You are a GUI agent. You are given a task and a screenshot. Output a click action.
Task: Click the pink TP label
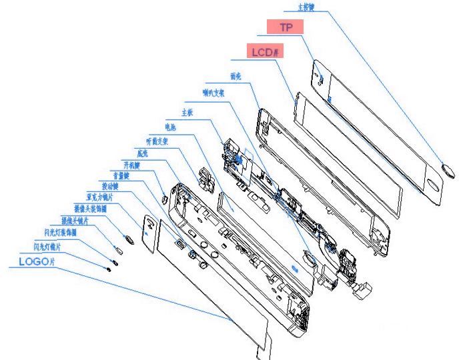tap(286, 27)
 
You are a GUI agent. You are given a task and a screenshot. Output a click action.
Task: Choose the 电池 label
tap(170, 126)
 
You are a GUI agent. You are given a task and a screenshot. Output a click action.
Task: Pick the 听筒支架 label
tap(157, 141)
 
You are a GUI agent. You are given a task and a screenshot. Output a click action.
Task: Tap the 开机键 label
tap(131, 164)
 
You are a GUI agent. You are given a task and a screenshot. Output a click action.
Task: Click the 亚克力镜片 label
tap(99, 197)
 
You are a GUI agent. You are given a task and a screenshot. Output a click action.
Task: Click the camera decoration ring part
tap(127, 238)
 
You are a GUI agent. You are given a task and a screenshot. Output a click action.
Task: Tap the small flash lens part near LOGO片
tap(108, 269)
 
